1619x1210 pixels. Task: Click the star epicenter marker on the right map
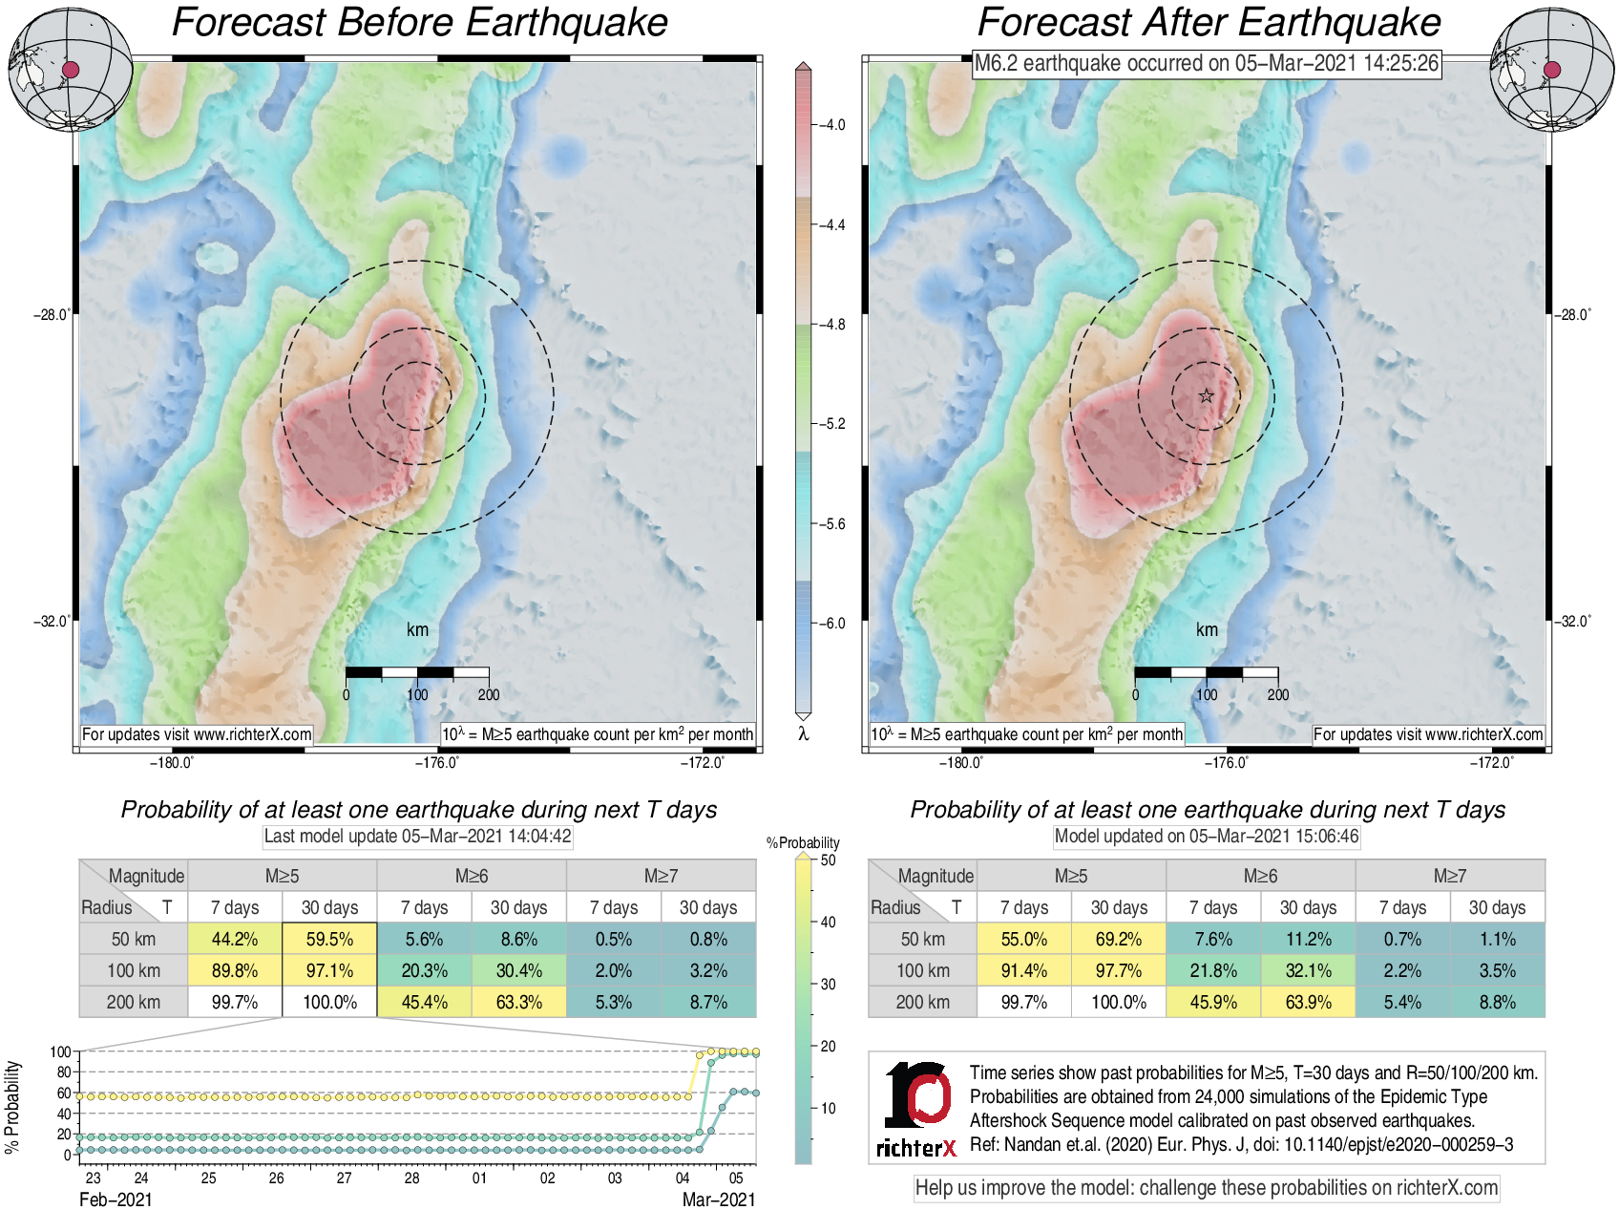click(1207, 396)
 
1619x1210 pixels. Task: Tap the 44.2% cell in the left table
click(235, 939)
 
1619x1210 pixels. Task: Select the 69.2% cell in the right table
click(1119, 939)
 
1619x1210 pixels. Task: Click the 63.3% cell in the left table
click(519, 1002)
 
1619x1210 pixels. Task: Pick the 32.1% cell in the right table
click(1308, 970)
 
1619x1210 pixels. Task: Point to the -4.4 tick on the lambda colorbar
click(832, 225)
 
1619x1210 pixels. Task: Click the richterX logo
click(916, 1109)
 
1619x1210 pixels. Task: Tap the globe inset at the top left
click(70, 69)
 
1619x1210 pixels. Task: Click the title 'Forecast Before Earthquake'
click(420, 23)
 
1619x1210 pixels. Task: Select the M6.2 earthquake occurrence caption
click(1207, 64)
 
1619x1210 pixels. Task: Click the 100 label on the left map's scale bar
click(417, 695)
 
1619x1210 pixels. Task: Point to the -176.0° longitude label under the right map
click(1226, 762)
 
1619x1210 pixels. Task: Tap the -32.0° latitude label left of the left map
click(52, 622)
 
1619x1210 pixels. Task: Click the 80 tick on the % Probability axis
click(64, 1072)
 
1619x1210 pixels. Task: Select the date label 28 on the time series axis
click(411, 1178)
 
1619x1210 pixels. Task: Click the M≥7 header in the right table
click(1449, 876)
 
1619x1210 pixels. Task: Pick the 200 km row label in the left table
click(134, 1002)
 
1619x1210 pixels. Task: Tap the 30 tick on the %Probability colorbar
click(828, 984)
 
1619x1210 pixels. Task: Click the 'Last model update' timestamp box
click(417, 837)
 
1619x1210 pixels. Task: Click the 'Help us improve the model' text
click(1207, 1188)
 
